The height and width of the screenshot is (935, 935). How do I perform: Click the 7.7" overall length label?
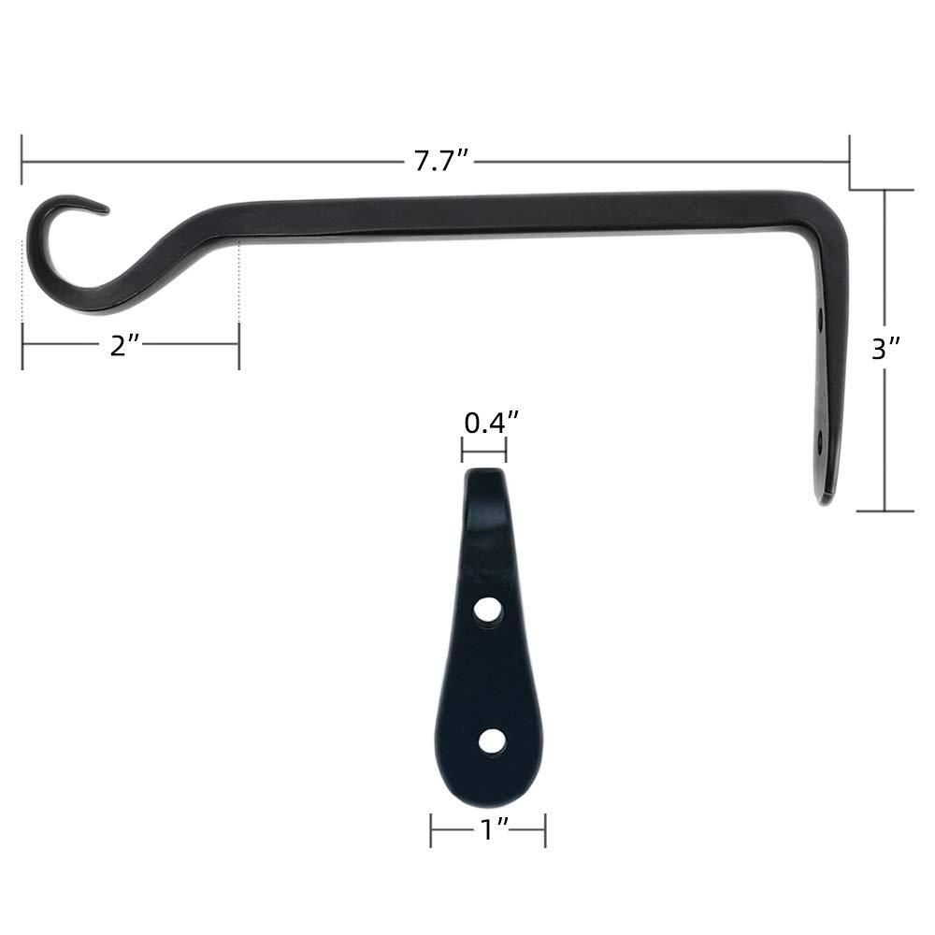[440, 162]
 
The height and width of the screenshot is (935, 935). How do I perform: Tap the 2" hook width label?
[124, 345]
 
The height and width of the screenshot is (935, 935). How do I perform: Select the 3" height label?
[885, 350]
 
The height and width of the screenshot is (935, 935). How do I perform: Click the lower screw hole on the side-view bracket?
[822, 438]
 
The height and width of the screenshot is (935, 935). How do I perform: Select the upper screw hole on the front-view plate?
[486, 611]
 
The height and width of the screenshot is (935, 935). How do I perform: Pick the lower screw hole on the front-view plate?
[491, 741]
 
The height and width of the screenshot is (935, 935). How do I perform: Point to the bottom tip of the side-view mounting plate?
[824, 500]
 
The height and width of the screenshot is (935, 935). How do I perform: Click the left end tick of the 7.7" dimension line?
[22, 162]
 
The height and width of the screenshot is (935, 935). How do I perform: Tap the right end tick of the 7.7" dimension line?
[849, 162]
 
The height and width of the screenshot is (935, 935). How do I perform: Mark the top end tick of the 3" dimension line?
[885, 190]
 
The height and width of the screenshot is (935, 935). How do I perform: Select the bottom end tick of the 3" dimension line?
[885, 511]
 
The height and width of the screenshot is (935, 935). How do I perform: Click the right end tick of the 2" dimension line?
[239, 344]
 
